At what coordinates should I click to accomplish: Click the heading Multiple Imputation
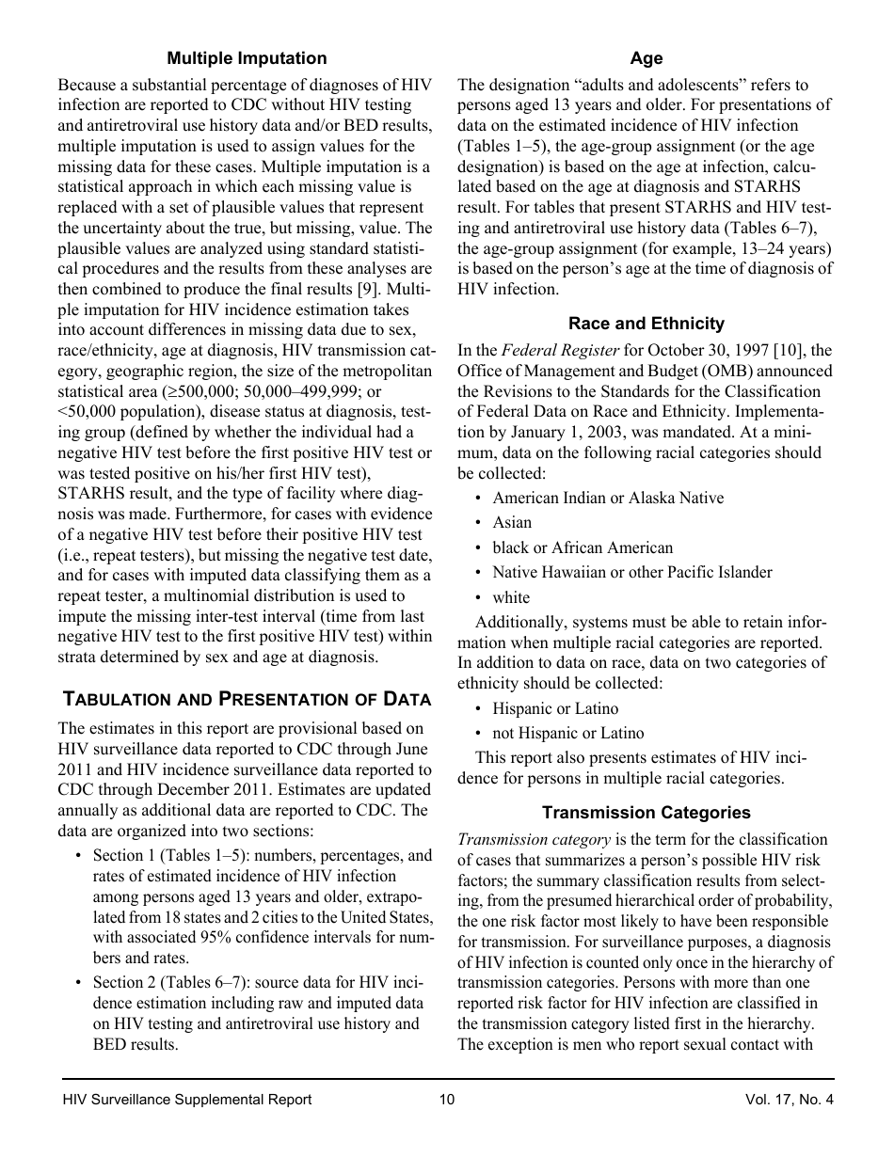(x=247, y=58)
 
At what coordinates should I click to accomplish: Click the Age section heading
(x=646, y=58)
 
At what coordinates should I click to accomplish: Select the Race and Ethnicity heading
(x=646, y=324)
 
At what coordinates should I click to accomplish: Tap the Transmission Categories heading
(x=646, y=813)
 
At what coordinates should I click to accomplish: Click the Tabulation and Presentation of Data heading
(x=247, y=699)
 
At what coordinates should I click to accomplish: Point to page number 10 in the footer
(x=446, y=1100)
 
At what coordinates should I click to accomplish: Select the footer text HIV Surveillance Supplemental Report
(x=186, y=1100)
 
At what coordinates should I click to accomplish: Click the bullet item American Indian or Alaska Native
(x=608, y=498)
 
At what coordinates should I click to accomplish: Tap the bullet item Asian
(x=512, y=522)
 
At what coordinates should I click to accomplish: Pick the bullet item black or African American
(x=583, y=547)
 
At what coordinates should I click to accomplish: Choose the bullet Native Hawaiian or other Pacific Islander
(x=631, y=572)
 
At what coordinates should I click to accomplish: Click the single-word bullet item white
(x=511, y=597)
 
